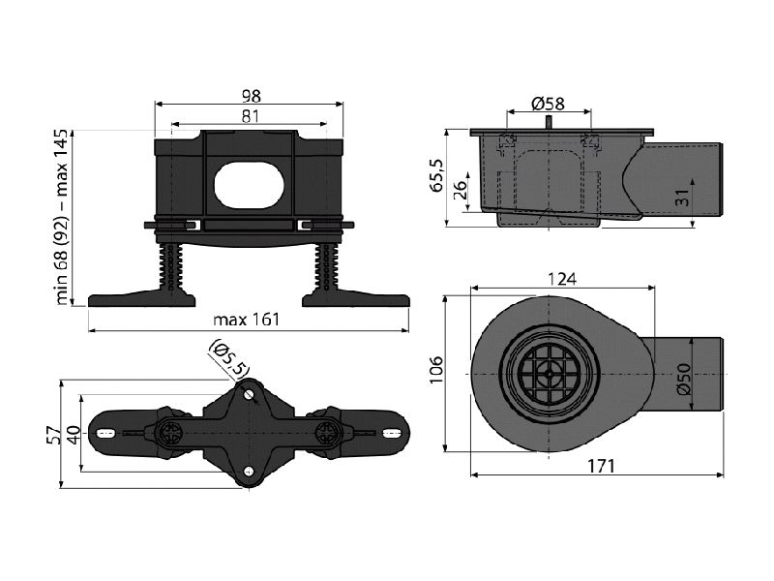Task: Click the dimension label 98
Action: pyautogui.click(x=251, y=96)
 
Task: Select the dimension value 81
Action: pyautogui.click(x=251, y=116)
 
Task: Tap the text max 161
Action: pyautogui.click(x=247, y=320)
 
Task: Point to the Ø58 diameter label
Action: pyautogui.click(x=548, y=104)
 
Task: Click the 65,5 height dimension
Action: pyautogui.click(x=437, y=176)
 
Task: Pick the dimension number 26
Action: pyautogui.click(x=459, y=190)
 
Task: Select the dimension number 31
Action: pyautogui.click(x=682, y=199)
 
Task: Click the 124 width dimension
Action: pyautogui.click(x=562, y=279)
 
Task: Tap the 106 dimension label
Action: pyautogui.click(x=436, y=371)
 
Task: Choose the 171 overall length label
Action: pyautogui.click(x=601, y=466)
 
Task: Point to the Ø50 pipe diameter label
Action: pyautogui.click(x=684, y=379)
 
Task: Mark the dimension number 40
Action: pyautogui.click(x=74, y=435)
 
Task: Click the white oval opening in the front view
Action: pyautogui.click(x=250, y=185)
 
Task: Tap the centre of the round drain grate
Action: pyautogui.click(x=549, y=374)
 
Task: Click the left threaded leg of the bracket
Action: pyautogui.click(x=170, y=267)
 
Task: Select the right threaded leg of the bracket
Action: pyautogui.click(x=327, y=267)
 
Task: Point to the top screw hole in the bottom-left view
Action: pyautogui.click(x=249, y=394)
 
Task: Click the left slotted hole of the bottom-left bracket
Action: pyautogui.click(x=105, y=433)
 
